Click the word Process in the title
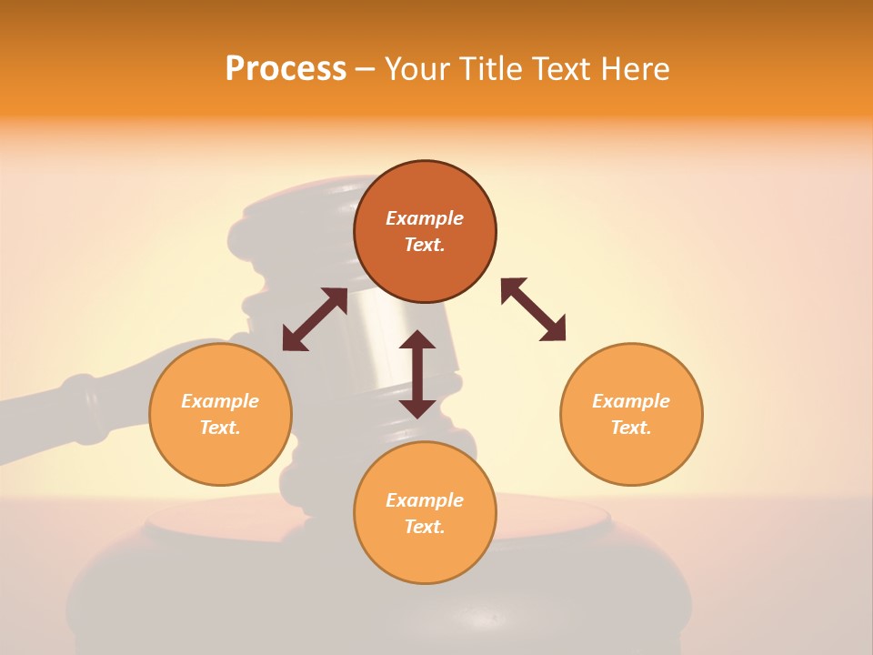[x=286, y=69]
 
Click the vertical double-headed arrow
[x=417, y=374]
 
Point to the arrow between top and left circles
[x=315, y=319]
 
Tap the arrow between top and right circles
[x=534, y=309]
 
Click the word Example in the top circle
[x=425, y=218]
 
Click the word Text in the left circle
[x=220, y=428]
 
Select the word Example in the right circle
[x=631, y=401]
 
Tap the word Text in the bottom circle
[x=425, y=527]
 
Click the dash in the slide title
[x=366, y=69]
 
